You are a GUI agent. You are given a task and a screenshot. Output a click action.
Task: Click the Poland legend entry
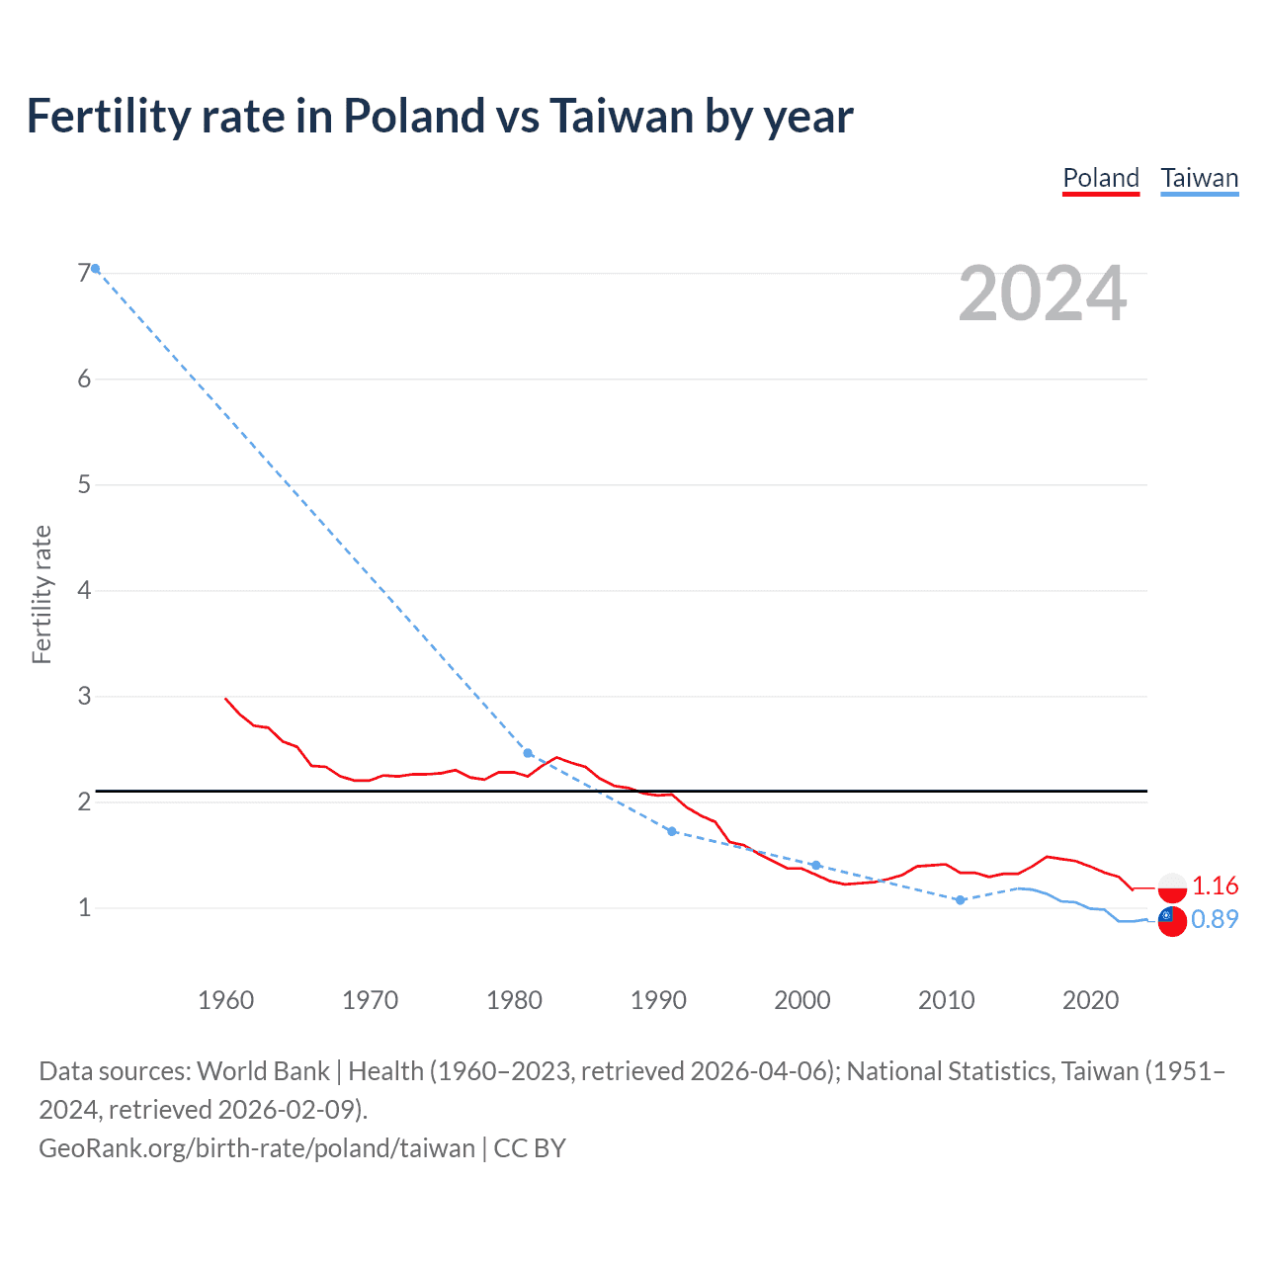[1101, 178]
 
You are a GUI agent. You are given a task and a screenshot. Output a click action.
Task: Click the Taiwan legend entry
[1199, 178]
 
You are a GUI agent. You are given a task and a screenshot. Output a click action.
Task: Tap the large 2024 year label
[1042, 294]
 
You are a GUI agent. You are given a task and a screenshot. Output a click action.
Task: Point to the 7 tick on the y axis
[84, 273]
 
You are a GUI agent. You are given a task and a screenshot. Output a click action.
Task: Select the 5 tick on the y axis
[84, 484]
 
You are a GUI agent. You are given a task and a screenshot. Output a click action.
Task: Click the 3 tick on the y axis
[84, 696]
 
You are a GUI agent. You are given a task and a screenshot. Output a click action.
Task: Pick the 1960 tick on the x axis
[226, 1000]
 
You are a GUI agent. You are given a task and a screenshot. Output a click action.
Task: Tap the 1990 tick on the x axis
[658, 1000]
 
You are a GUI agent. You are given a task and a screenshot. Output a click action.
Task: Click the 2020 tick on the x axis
[1090, 1000]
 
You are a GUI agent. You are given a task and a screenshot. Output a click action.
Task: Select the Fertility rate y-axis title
[42, 594]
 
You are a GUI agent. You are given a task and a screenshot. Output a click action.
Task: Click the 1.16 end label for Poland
[1215, 885]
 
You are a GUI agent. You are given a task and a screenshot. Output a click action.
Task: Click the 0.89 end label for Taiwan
[1215, 919]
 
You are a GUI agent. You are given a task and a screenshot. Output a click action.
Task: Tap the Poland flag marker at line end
[1172, 886]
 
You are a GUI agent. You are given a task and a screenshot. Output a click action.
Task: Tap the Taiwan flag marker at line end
[1172, 920]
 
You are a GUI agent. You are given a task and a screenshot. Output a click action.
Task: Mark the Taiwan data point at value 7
[96, 269]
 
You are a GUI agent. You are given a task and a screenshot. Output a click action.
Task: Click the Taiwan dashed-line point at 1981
[528, 753]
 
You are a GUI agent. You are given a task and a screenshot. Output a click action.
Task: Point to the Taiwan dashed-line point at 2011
[960, 900]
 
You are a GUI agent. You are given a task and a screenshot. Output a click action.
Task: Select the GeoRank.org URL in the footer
[257, 1147]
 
